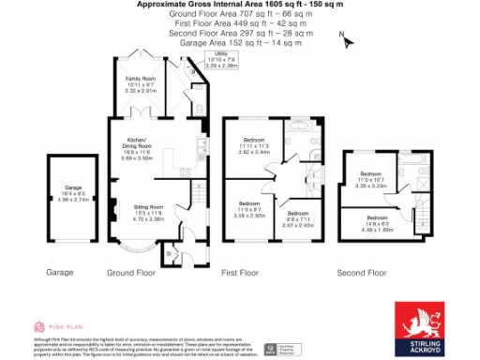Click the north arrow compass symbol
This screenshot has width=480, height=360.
click(345, 40)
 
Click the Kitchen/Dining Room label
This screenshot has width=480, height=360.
click(138, 150)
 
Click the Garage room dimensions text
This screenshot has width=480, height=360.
click(72, 195)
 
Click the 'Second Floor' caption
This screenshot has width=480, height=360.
click(362, 273)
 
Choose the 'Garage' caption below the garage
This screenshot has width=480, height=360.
click(60, 273)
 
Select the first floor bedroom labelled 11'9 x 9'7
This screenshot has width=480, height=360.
click(249, 209)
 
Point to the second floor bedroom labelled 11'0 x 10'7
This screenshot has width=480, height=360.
click(372, 180)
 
